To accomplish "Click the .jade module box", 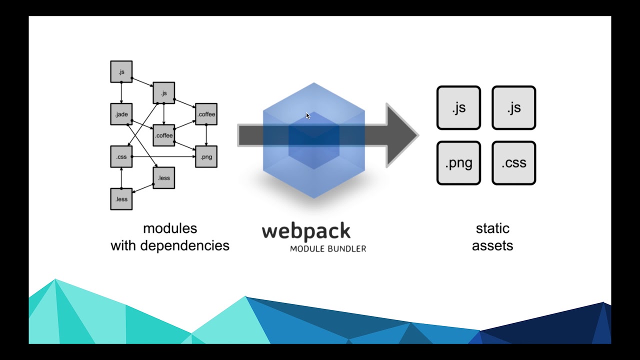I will pos(121,114).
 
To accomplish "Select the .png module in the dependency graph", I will pos(206,157).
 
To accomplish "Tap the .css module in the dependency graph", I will pos(121,157).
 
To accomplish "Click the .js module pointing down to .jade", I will pos(121,72).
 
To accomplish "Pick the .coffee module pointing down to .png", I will pos(206,114).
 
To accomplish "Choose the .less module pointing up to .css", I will pos(121,199).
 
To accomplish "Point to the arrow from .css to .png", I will pos(165,157).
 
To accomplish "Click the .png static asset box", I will pos(458,163).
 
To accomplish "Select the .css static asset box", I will pos(513,163).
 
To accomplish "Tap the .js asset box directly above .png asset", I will pos(458,108).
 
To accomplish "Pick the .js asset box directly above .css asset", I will pos(513,108).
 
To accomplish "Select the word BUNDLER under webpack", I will pos(345,248).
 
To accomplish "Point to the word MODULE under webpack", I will pos(306,248).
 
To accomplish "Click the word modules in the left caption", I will pos(170,228).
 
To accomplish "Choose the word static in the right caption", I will pos(492,228).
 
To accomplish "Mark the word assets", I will pos(492,245).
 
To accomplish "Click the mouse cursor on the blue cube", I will pos(308,116).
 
